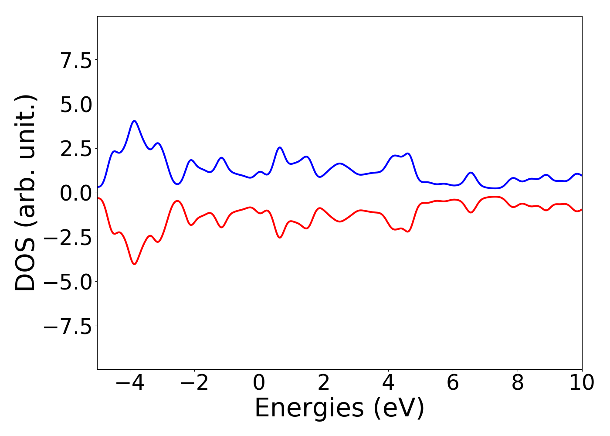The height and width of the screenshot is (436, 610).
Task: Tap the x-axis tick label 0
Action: [x=259, y=383]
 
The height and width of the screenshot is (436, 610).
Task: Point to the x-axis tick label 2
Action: [x=323, y=383]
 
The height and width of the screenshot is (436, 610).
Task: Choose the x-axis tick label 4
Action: [x=388, y=383]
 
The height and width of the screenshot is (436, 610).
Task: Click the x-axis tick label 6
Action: [x=453, y=383]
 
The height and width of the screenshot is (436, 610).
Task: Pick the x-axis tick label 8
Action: [x=518, y=383]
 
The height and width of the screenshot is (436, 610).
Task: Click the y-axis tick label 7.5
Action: [x=76, y=60]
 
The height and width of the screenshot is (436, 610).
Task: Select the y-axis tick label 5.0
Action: [x=76, y=105]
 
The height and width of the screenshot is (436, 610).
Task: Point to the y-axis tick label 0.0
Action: [x=76, y=193]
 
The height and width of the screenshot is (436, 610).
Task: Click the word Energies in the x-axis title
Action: [x=309, y=409]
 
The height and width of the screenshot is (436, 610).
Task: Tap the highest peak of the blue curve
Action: [x=134, y=121]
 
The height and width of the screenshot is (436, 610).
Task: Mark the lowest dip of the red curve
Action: [x=134, y=264]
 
